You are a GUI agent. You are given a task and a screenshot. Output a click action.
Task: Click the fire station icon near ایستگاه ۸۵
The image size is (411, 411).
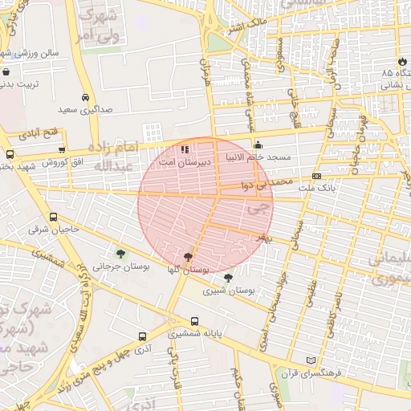tap(401, 62)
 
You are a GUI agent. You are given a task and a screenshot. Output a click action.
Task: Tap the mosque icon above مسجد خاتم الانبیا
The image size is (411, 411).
tap(258, 145)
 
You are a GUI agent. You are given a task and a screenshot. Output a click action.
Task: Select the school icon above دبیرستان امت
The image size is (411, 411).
tap(185, 149)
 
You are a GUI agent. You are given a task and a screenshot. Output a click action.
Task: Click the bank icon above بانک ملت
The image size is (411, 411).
tap(317, 176)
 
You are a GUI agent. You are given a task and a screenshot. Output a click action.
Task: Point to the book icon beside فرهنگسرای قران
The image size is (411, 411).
tap(312, 361)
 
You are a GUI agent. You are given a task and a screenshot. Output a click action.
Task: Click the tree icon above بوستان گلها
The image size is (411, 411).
tap(188, 257)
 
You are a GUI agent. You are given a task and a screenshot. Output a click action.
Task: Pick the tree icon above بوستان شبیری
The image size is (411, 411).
tap(228, 279)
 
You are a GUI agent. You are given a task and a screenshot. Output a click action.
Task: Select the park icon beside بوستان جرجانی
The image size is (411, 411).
tap(121, 255)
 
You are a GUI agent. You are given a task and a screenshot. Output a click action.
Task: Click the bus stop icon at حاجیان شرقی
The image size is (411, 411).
tap(53, 217)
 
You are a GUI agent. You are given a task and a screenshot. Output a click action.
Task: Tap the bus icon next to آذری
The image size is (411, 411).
tap(142, 337)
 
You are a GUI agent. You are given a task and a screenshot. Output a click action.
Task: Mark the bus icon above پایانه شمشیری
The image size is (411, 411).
tap(172, 321)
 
